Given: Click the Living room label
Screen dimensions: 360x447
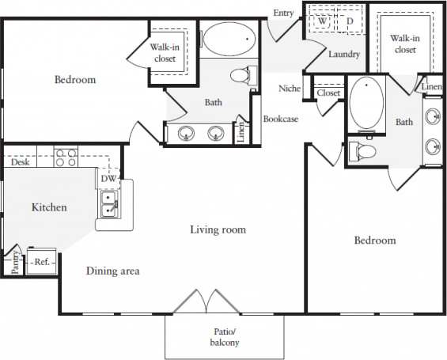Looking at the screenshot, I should pyautogui.click(x=218, y=229).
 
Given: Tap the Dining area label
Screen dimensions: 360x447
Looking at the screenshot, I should pyautogui.click(x=113, y=271).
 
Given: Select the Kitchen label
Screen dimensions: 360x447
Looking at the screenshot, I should pyautogui.click(x=49, y=207).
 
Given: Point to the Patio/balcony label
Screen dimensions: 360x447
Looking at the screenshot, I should pyautogui.click(x=225, y=337).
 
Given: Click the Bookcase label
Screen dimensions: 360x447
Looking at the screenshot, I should pyautogui.click(x=280, y=119).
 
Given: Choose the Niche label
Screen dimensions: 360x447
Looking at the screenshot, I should pyautogui.click(x=290, y=88).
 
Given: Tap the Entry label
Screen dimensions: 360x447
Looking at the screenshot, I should pyautogui.click(x=283, y=13).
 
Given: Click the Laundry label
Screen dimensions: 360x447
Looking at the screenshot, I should pyautogui.click(x=345, y=55).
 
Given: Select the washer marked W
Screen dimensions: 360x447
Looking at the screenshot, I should pyautogui.click(x=323, y=21).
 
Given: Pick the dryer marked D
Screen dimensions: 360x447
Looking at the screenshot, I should pyautogui.click(x=349, y=21).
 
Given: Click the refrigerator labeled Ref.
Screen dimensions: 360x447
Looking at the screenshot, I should pyautogui.click(x=42, y=261).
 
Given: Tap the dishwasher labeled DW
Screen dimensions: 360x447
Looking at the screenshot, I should pyautogui.click(x=108, y=179).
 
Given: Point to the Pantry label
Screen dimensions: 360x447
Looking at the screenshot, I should pyautogui.click(x=15, y=262).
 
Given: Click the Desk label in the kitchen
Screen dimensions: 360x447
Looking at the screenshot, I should pyautogui.click(x=21, y=162).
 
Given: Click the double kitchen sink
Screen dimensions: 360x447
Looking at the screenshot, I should pyautogui.click(x=108, y=207).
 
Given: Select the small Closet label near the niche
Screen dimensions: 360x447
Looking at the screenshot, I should pyautogui.click(x=328, y=93).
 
